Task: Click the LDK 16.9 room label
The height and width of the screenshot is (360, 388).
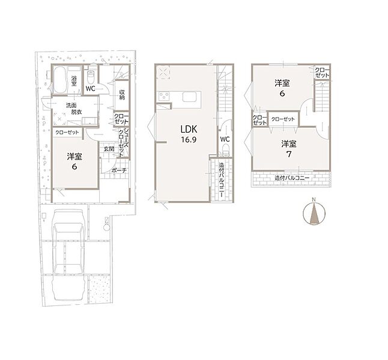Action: pyautogui.click(x=189, y=134)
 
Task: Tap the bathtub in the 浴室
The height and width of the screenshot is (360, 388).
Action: pyautogui.click(x=59, y=80)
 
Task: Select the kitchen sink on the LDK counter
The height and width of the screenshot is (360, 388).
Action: pyautogui.click(x=190, y=97)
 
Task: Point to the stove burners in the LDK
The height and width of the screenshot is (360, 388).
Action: pyautogui.click(x=164, y=96)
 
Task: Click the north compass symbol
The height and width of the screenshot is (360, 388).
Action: pyautogui.click(x=314, y=214)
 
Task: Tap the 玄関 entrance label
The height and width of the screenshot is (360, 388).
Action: pyautogui.click(x=109, y=149)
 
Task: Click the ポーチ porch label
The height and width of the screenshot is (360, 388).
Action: pyautogui.click(x=119, y=170)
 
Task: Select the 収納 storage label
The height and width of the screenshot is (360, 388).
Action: pyautogui.click(x=122, y=95)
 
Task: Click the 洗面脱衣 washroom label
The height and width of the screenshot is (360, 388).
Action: pyautogui.click(x=74, y=109)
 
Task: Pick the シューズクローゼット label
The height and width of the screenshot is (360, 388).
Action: pyautogui.click(x=124, y=142)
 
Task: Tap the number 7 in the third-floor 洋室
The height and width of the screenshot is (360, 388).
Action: pyautogui.click(x=289, y=154)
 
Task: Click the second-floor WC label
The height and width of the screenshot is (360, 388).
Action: pyautogui.click(x=225, y=139)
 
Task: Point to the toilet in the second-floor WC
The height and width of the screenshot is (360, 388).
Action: pyautogui.click(x=225, y=151)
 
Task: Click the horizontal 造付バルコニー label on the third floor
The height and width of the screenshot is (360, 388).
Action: pyautogui.click(x=292, y=178)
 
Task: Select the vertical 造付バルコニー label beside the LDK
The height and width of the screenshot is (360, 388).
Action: pyautogui.click(x=221, y=179)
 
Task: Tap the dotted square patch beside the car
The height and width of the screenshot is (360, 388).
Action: pyautogui.click(x=99, y=289)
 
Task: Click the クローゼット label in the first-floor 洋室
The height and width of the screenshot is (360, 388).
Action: pyautogui.click(x=67, y=133)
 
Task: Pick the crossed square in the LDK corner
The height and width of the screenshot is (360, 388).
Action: pyautogui.click(x=163, y=73)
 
